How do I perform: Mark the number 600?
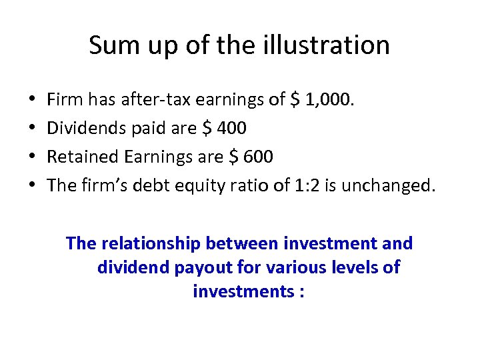tap(259, 157)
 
